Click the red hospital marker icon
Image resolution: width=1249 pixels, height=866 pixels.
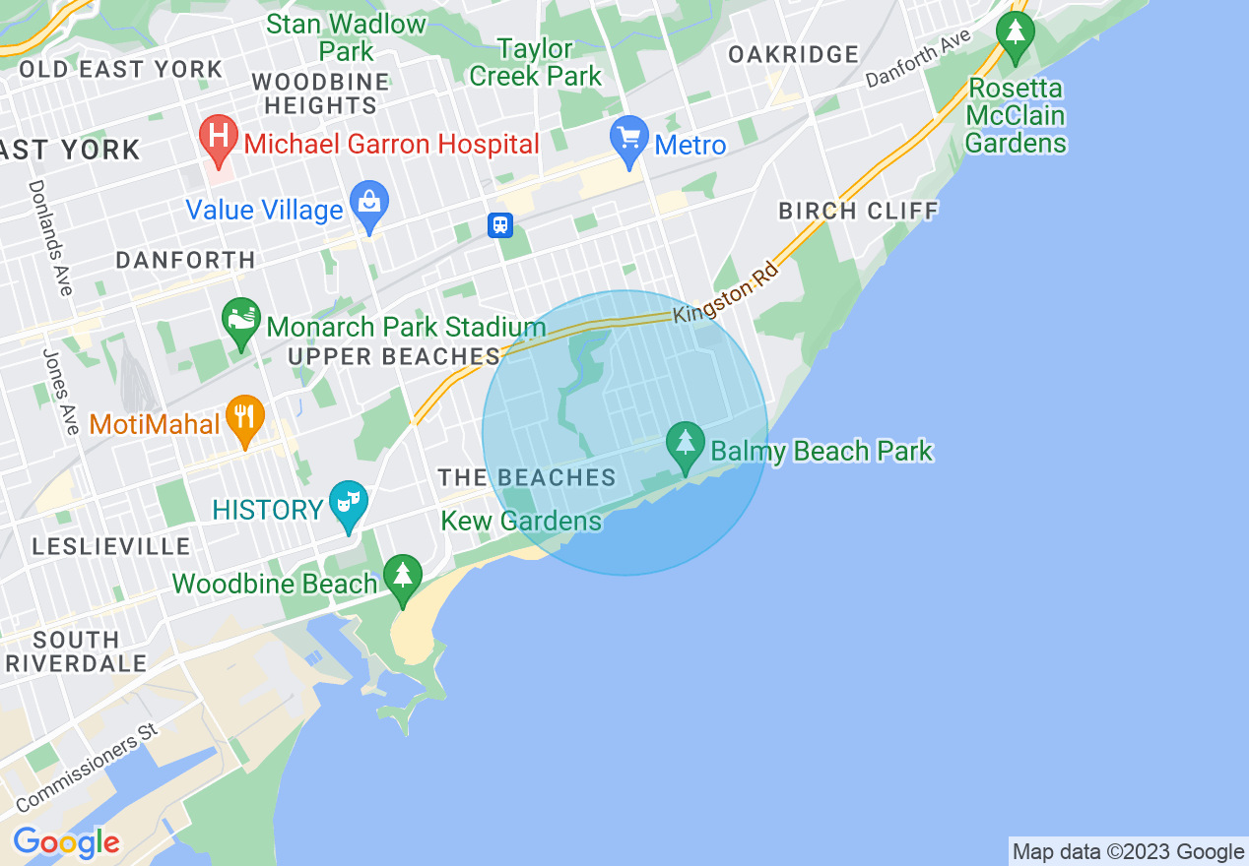(x=218, y=138)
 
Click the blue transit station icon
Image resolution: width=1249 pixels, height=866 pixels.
(x=500, y=225)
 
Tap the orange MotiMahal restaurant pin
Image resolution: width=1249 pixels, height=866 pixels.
(x=245, y=419)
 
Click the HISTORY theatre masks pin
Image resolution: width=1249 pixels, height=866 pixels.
(x=348, y=505)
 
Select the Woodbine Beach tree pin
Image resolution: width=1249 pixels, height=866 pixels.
(x=402, y=578)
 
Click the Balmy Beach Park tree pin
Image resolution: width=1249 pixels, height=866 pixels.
(x=685, y=445)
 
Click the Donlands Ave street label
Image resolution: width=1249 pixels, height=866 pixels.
(x=50, y=236)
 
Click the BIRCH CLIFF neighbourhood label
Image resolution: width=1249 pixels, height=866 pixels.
(x=858, y=211)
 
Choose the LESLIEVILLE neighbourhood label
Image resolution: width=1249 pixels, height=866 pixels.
(x=111, y=546)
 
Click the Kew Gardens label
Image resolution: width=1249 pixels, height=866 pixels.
(x=521, y=521)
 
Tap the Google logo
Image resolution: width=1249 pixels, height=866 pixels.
(x=66, y=842)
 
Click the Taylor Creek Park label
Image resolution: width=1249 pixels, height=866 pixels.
(x=535, y=62)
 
